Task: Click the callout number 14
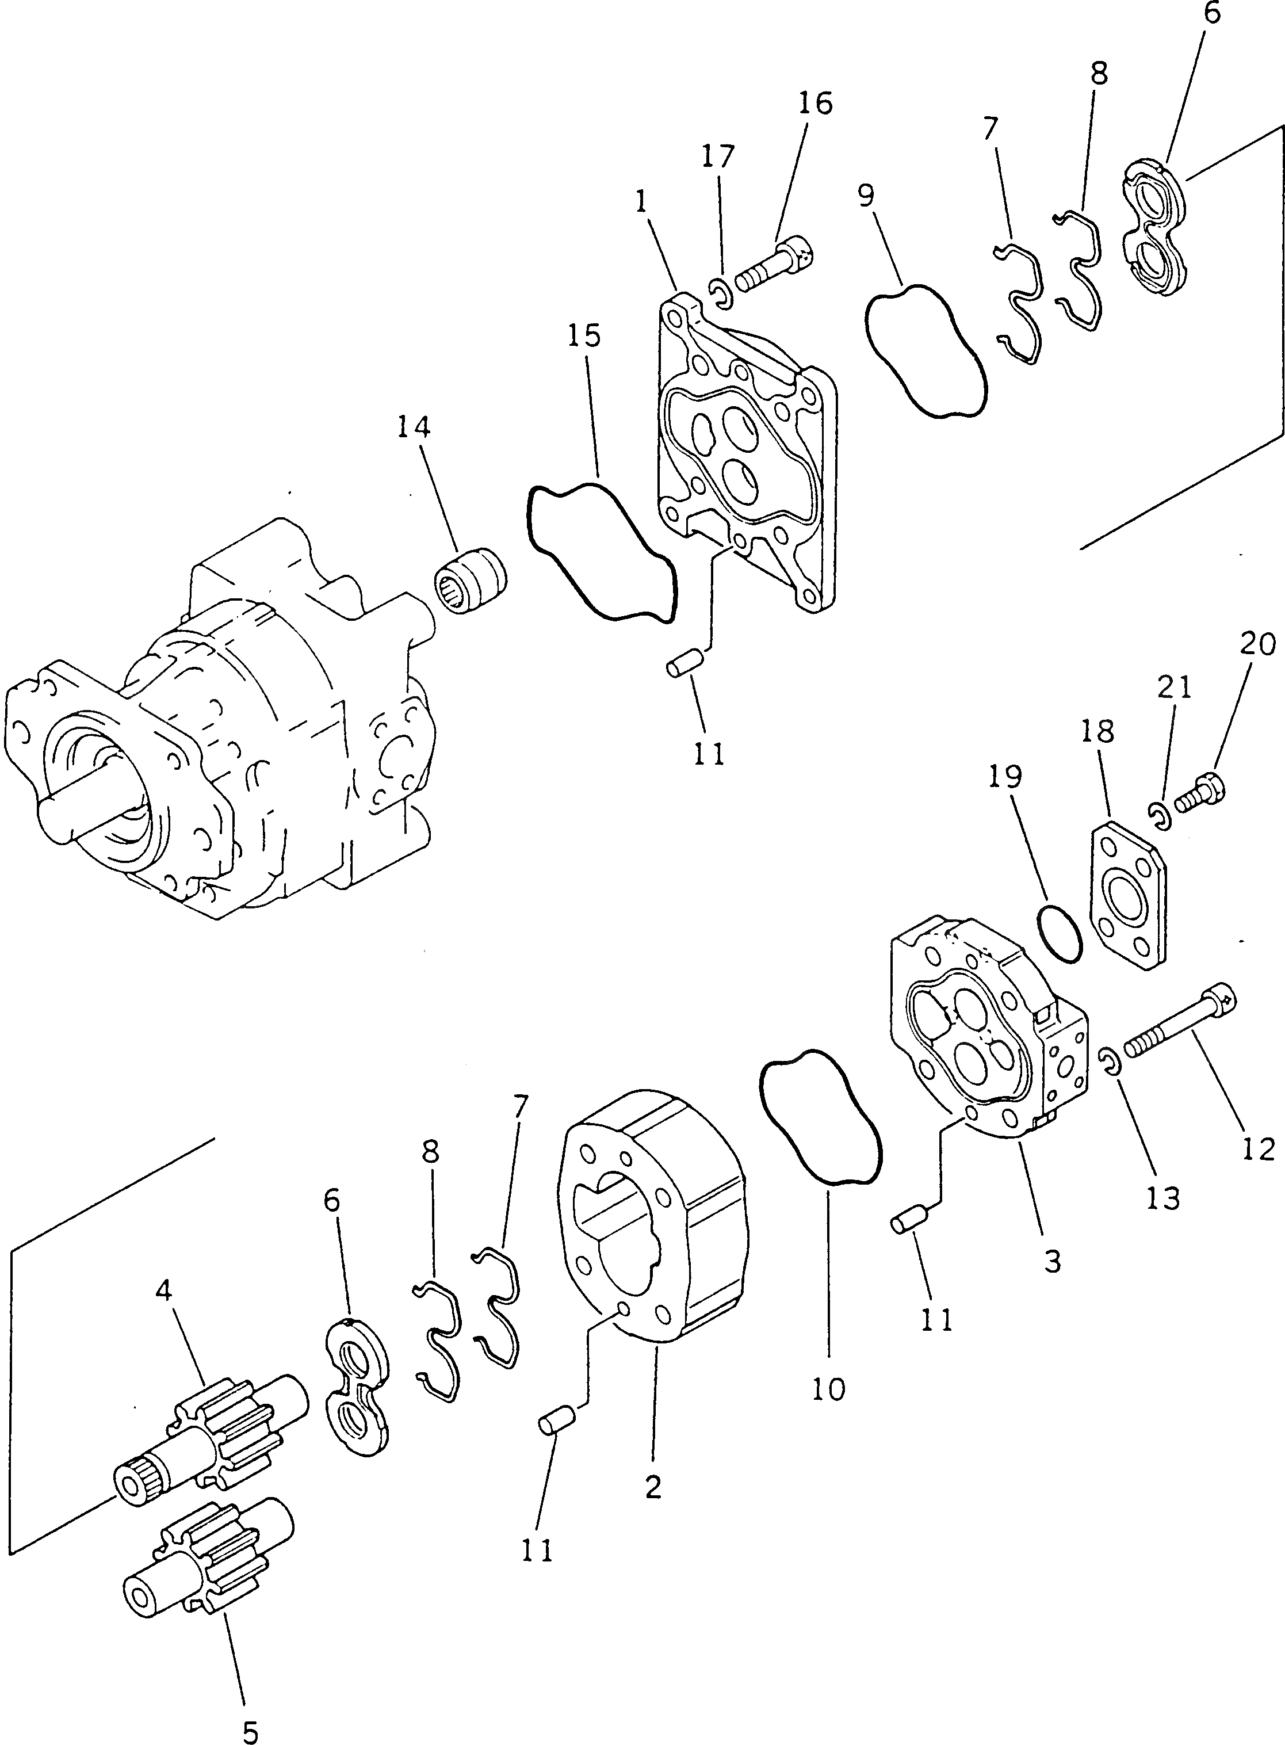pyautogui.click(x=414, y=427)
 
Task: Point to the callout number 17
pyautogui.click(x=717, y=156)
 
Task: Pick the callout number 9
pyautogui.click(x=866, y=196)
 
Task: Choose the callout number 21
pyautogui.click(x=1175, y=687)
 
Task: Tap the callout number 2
pyautogui.click(x=653, y=1487)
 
